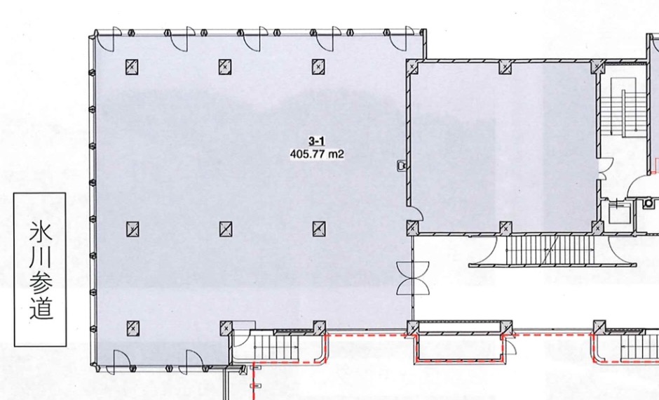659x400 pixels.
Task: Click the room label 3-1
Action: pos(316,141)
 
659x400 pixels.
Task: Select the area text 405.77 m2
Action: pos(317,154)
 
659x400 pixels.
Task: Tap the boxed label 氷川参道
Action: pos(41,269)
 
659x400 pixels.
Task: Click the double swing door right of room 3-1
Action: pos(413,278)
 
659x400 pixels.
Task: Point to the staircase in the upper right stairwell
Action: pos(623,107)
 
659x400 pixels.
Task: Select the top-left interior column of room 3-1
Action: pos(132,67)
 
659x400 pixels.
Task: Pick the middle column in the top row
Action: pos(225,67)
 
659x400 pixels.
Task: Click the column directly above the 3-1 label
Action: pos(318,67)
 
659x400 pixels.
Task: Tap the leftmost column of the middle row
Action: pos(133,229)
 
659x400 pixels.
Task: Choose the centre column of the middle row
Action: pos(226,229)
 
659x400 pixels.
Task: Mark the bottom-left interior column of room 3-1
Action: pos(133,328)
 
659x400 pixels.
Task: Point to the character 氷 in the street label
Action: pos(41,231)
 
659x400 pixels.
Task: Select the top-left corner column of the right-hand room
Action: pos(412,67)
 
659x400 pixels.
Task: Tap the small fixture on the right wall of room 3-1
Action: pos(402,166)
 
